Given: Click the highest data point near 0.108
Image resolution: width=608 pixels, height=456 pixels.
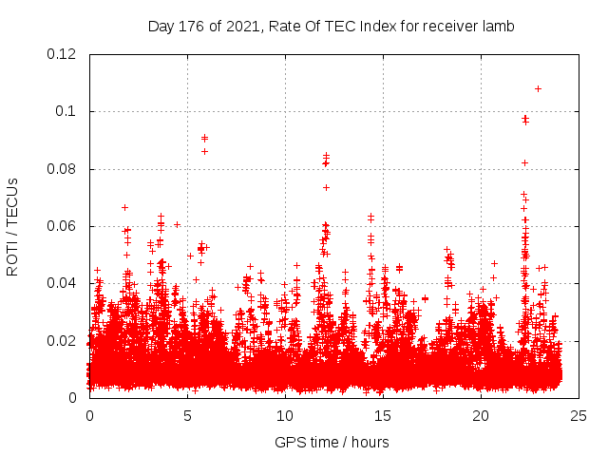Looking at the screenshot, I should point(538,88).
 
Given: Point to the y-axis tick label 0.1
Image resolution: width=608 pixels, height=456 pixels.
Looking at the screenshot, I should point(66,111).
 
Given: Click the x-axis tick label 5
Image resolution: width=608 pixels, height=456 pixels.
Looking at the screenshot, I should point(187,416).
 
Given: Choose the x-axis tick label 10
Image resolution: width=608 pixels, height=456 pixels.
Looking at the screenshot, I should point(285,416).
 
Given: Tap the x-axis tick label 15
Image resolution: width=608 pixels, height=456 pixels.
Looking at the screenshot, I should point(383,416).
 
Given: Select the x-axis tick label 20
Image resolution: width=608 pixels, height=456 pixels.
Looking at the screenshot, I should point(481,416).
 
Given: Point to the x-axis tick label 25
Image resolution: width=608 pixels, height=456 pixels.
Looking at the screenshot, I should point(579,416).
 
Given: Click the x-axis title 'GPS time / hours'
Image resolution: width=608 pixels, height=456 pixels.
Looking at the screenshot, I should point(332,442).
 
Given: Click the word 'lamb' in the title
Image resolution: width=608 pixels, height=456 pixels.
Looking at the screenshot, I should point(497,27).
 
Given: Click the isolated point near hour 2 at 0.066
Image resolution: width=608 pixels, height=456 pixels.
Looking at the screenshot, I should point(124,207).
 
